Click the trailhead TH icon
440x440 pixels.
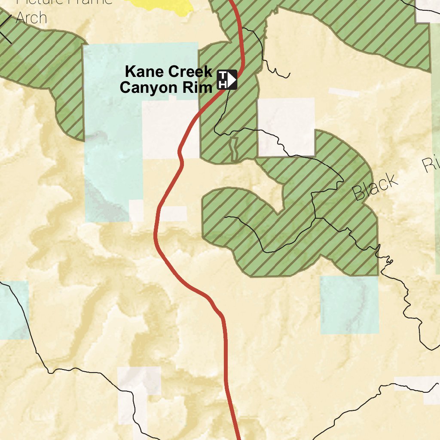pyautogui.click(x=226, y=79)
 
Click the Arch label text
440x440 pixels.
pyautogui.click(x=31, y=18)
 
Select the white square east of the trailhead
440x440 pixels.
pyautogui.click(x=286, y=126)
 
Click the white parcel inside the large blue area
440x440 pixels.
pyautogui.click(x=168, y=129)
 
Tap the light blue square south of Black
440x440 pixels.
pyautogui.click(x=349, y=305)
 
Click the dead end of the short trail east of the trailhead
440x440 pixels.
pyautogui.click(x=289, y=75)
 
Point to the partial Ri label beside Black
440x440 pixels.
pyautogui.click(x=431, y=164)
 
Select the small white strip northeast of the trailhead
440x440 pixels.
pyautogui.click(x=344, y=92)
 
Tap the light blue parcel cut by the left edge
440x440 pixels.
pyautogui.click(x=13, y=309)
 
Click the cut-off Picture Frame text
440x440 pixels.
pyautogui.click(x=64, y=2)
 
